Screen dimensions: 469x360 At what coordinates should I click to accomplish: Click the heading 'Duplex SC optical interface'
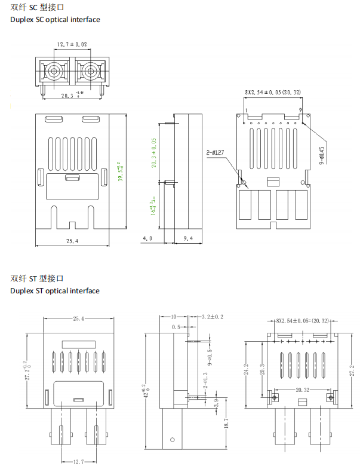click(x=55, y=20)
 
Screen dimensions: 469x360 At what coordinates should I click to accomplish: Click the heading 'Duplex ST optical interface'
click(x=55, y=291)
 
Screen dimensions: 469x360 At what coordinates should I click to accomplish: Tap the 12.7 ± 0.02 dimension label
click(x=72, y=45)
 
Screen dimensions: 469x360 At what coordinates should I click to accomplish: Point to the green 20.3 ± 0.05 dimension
click(x=153, y=152)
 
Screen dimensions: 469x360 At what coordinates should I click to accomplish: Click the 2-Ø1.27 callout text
click(x=215, y=153)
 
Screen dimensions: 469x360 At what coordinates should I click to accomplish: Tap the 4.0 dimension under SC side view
click(x=147, y=238)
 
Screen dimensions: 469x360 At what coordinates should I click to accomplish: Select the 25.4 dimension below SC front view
click(x=73, y=241)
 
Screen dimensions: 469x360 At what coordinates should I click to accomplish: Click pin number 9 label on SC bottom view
click(x=300, y=110)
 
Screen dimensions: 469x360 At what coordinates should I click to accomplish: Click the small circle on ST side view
click(x=172, y=441)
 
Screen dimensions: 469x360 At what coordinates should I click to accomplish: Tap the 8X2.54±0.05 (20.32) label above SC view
click(x=273, y=92)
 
